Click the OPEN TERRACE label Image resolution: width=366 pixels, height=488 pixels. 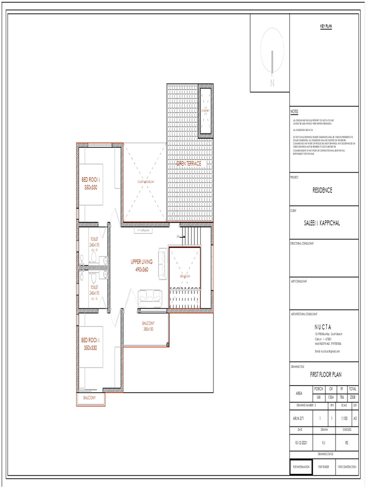pos(189,163)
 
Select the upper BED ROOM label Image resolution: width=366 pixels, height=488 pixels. pos(91,183)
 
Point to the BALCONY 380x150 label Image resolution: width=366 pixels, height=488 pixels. pos(148,326)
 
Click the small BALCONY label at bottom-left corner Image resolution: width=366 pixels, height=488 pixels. pos(90,397)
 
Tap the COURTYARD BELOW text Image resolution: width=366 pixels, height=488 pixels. pos(146,182)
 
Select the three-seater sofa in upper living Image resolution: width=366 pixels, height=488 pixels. pos(150,298)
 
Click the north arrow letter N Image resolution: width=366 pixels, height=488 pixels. pos(272,83)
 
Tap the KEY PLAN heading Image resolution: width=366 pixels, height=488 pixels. pos(325,27)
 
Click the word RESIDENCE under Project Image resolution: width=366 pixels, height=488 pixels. pos(323,190)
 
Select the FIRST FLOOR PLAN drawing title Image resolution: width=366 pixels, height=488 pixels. pos(325,375)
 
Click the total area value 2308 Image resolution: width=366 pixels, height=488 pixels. pos(353,397)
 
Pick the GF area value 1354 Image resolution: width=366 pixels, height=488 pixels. pos(330,397)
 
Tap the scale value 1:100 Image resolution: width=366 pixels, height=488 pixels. pos(344,418)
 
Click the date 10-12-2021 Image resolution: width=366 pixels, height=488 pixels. pos(301,442)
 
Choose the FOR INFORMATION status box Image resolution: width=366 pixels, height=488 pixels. pos(301,467)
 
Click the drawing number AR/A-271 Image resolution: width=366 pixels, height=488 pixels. pos(298,418)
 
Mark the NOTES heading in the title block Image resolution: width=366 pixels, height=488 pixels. pos(294,112)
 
